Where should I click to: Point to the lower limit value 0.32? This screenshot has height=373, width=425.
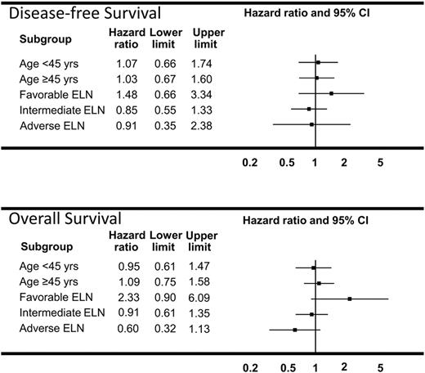163,330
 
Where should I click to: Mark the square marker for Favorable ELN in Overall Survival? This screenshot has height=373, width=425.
350,299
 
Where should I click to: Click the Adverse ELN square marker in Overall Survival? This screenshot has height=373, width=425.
295,330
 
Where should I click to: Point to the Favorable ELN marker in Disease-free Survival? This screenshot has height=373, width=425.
331,93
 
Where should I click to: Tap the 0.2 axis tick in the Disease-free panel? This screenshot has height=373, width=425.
250,162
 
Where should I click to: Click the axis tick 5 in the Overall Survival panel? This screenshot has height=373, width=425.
380,367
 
